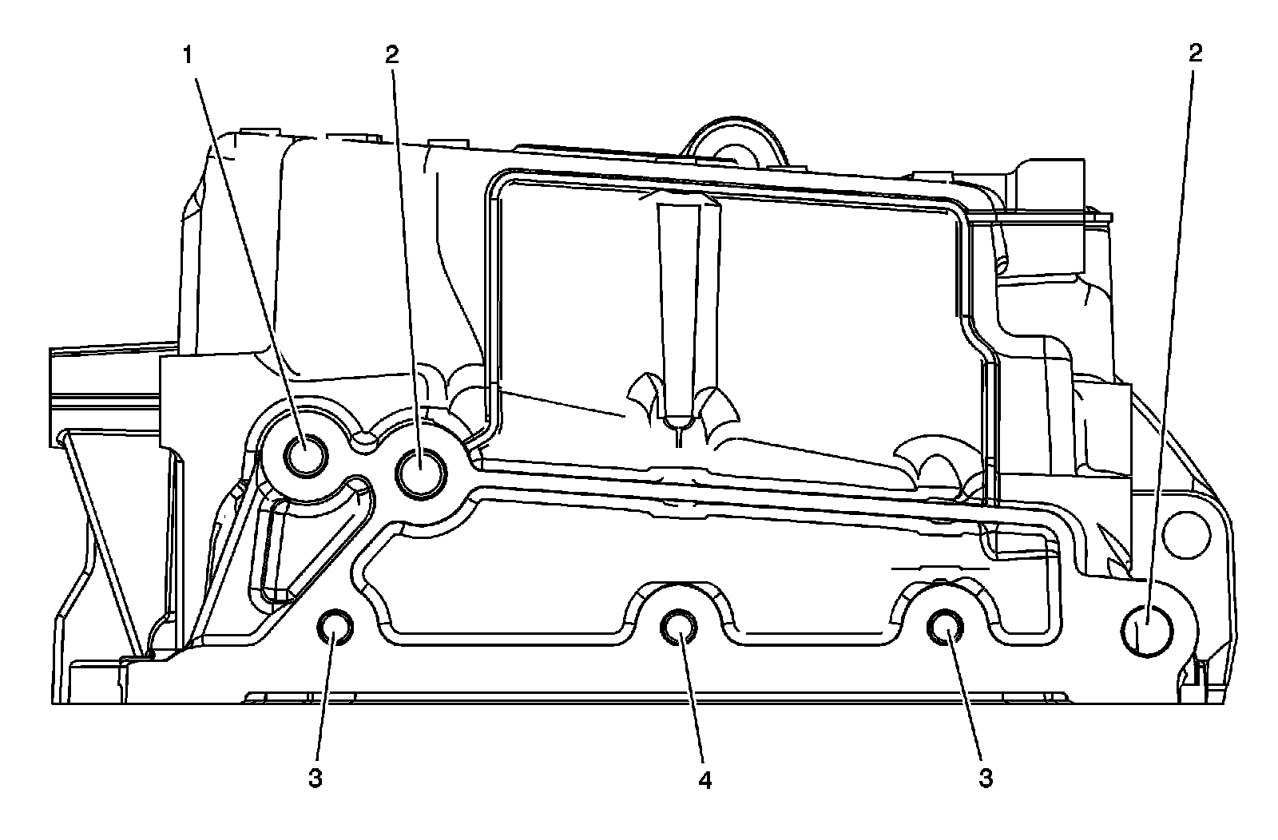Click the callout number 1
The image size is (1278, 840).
point(188,55)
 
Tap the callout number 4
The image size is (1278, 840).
point(704,779)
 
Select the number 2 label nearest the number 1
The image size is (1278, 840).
point(391,54)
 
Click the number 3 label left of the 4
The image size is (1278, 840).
point(316,779)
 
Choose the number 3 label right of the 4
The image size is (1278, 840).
point(986,779)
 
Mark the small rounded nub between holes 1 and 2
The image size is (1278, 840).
point(365,441)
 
